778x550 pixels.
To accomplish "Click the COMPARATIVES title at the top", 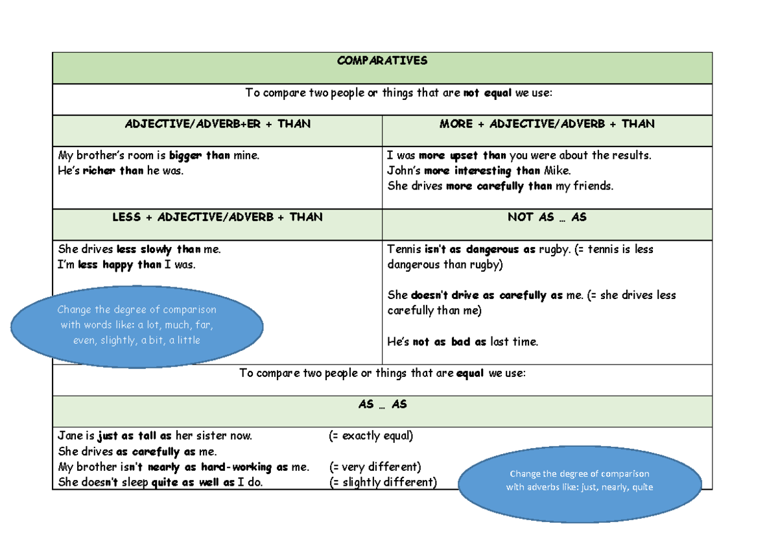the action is coord(382,61).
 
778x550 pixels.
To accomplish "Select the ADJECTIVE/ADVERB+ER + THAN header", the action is coord(217,124).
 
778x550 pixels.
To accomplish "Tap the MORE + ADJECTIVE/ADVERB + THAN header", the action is coord(547,124).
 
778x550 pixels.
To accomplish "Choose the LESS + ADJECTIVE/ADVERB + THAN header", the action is coord(217,217).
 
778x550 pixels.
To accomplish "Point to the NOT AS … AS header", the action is coord(547,217).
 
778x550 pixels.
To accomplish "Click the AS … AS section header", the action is coord(382,404).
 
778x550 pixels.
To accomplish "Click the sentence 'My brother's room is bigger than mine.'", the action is coord(158,156).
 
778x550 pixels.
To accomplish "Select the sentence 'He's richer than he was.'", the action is coord(121,171).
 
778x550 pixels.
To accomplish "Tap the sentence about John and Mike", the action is coord(478,171).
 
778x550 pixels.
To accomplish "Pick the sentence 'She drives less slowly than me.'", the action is coord(139,249).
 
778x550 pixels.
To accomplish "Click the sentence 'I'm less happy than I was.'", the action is coord(126,265).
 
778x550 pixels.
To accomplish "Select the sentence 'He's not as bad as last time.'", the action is coord(462,342).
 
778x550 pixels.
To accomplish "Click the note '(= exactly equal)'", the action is coord(371,436).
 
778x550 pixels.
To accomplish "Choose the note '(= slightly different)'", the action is coord(383,483).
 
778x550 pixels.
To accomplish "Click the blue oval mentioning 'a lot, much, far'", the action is coord(137,325).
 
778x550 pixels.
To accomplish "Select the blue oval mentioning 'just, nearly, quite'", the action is coord(579,481).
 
